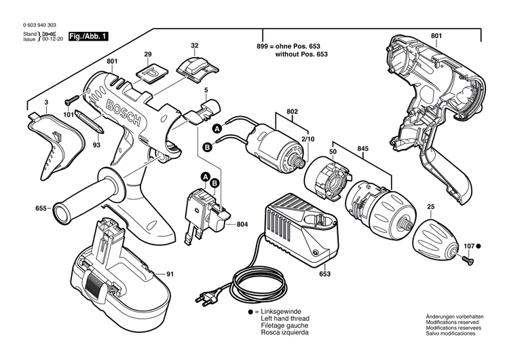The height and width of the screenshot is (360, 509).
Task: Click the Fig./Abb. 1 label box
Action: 88,36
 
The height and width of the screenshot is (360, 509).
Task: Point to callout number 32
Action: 195,46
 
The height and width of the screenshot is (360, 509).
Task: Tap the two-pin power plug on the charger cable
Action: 205,297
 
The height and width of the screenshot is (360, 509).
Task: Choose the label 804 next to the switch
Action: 242,224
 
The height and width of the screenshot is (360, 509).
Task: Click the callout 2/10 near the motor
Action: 308,139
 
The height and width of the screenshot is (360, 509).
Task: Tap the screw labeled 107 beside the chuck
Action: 468,258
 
